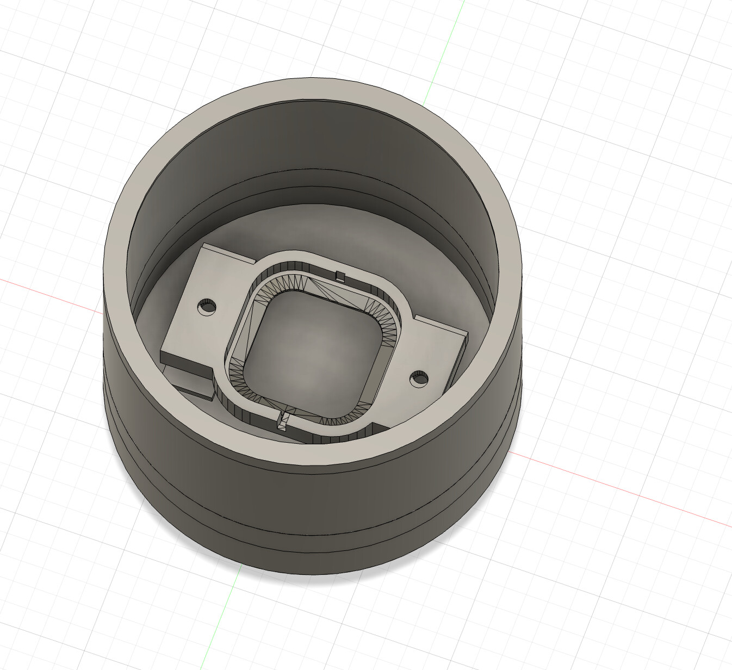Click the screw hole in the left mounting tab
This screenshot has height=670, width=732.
click(x=207, y=307)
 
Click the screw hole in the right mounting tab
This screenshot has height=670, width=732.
click(x=418, y=379)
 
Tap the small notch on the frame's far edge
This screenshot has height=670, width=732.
click(x=340, y=275)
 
